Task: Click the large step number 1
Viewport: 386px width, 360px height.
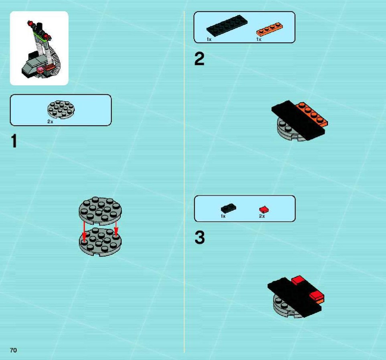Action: point(14,141)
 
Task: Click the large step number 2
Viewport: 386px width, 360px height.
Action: point(199,59)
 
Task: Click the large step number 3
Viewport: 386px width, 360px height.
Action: point(200,238)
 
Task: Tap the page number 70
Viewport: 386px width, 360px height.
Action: point(13,350)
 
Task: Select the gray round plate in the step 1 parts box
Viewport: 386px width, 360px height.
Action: point(61,110)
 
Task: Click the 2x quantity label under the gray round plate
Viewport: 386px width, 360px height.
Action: point(50,122)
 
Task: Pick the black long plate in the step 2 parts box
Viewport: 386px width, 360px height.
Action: point(227,26)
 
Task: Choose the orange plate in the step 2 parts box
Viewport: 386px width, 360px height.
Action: point(270,29)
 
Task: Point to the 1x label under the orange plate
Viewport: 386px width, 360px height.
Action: point(259,39)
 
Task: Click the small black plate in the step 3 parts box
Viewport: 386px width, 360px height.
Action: point(228,208)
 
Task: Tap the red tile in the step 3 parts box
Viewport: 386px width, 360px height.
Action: point(264,209)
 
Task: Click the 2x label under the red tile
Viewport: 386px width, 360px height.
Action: point(262,216)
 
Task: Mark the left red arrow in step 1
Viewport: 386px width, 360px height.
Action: point(85,232)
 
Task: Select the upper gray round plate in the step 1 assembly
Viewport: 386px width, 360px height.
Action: point(100,211)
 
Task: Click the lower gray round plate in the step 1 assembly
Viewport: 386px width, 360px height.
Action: point(100,242)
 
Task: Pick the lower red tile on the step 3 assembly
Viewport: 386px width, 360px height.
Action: point(317,295)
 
